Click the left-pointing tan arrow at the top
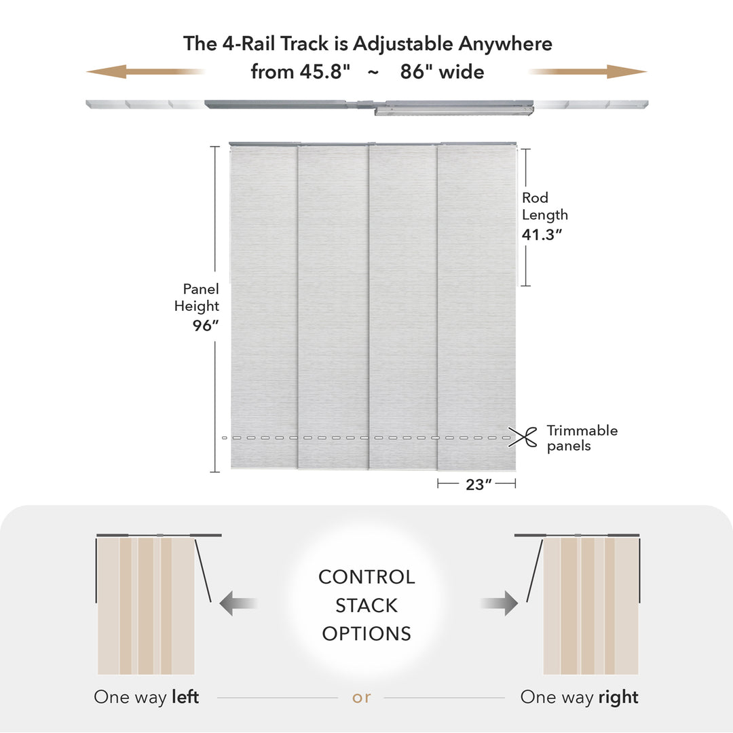(109, 71)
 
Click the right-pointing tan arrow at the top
(624, 71)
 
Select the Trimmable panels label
(582, 438)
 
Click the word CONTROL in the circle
(366, 577)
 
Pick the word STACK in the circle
(366, 605)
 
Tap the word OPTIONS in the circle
(366, 634)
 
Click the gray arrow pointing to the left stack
(238, 603)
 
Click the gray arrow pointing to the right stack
(500, 603)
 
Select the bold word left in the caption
(185, 697)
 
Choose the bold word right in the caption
(619, 697)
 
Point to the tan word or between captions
(362, 697)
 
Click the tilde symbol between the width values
(373, 72)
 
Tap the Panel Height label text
(197, 297)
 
